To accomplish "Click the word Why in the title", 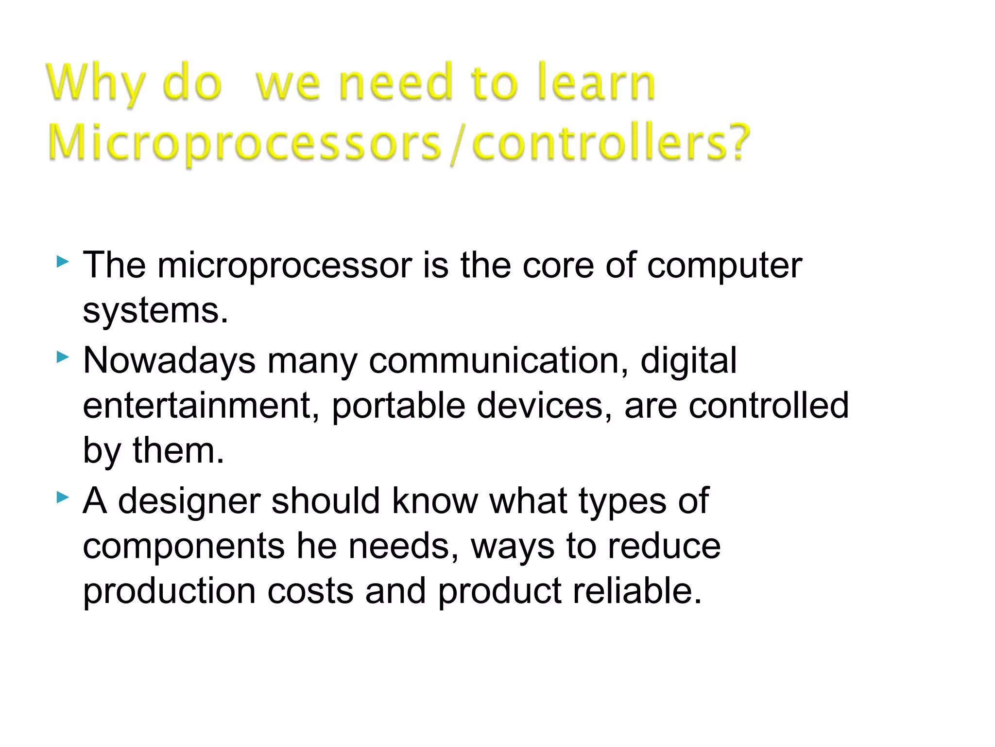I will [x=96, y=84].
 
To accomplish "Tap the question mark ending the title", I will [x=734, y=142].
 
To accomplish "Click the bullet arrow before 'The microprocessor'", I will [x=63, y=263].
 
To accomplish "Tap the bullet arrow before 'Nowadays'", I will [x=63, y=358].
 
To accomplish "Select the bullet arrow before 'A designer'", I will [x=63, y=498].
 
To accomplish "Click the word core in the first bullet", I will [x=558, y=266].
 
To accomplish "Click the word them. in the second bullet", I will [x=178, y=450].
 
